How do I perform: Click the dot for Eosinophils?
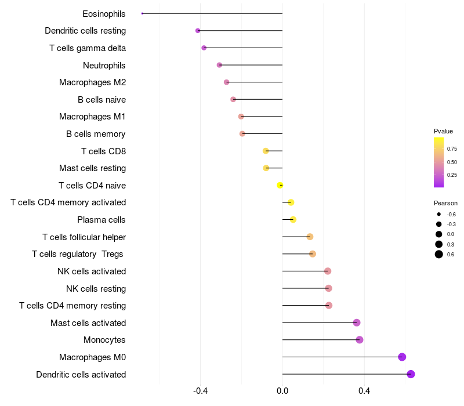tap(142, 13)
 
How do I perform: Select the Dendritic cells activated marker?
tap(411, 374)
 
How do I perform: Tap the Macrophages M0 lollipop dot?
tap(402, 357)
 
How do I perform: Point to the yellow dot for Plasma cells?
tap(293, 219)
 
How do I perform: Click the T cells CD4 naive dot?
tap(280, 185)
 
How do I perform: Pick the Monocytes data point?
tap(360, 340)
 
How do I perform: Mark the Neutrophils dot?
tap(219, 65)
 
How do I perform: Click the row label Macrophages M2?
tap(92, 82)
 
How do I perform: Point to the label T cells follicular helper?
tap(84, 237)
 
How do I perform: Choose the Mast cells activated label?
tap(88, 322)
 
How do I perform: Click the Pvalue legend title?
tap(443, 131)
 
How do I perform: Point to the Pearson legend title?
tap(445, 204)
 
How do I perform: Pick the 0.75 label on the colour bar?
tap(452, 149)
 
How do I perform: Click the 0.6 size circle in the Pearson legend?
tap(439, 254)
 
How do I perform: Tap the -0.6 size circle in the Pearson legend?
tap(439, 215)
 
